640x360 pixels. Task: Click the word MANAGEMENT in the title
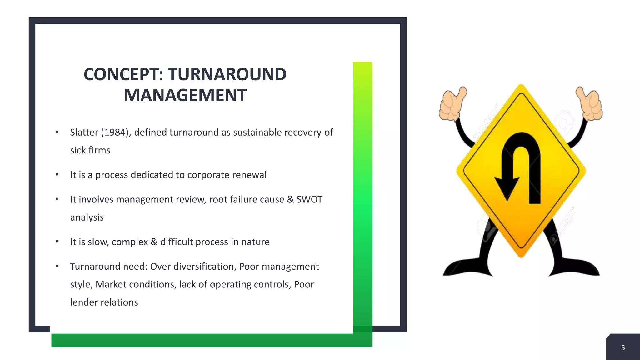185,95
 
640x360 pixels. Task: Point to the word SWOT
309,199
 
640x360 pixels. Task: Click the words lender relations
104,302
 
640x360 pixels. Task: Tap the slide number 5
623,348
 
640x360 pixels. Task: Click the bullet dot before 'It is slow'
57,242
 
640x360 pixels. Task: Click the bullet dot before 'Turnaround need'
57,267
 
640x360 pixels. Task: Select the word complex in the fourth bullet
130,242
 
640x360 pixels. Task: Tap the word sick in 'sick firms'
77,150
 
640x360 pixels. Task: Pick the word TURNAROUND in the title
227,74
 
